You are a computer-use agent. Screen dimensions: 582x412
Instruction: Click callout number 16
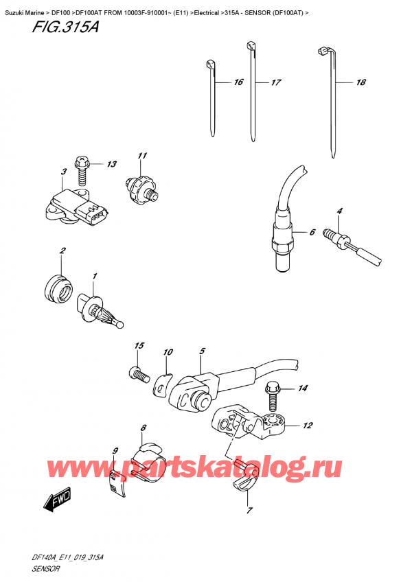[238, 82]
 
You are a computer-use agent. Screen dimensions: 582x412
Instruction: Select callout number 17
[276, 83]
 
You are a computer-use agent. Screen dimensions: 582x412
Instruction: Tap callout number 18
[360, 83]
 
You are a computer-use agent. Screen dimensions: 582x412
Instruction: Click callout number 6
[312, 233]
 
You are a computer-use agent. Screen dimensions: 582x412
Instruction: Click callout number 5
[203, 351]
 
